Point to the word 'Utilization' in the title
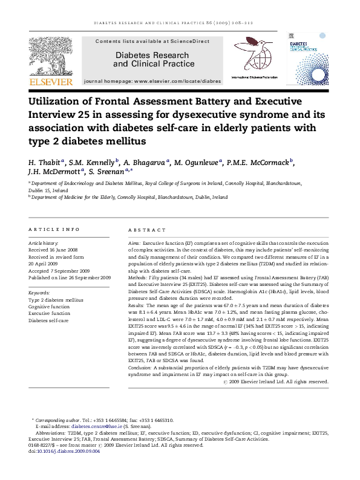pyautogui.click(x=60, y=102)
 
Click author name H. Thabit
pyautogui.click(x=45, y=162)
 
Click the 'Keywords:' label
pyautogui.click(x=39, y=292)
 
